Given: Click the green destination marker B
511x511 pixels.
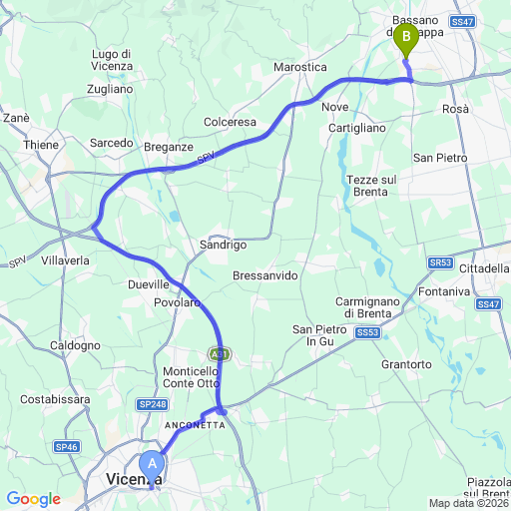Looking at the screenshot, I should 406,40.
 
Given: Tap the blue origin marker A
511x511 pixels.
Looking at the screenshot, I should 153,463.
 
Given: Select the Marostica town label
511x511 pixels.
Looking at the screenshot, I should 300,67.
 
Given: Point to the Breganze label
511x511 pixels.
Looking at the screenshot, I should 169,146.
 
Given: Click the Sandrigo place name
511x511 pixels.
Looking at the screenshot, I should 223,245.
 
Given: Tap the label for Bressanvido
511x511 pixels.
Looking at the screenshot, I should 264,274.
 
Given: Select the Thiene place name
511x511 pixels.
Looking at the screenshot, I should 42,144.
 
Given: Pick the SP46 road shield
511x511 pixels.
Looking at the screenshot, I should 67,446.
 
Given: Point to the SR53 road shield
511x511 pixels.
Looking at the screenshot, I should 440,262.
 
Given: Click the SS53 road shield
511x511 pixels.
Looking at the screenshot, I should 367,331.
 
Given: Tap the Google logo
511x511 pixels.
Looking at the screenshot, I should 33,499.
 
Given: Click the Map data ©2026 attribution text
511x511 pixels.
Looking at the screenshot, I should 469,503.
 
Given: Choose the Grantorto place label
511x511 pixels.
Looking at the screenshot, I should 407,364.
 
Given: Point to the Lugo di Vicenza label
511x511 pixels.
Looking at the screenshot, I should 112,59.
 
